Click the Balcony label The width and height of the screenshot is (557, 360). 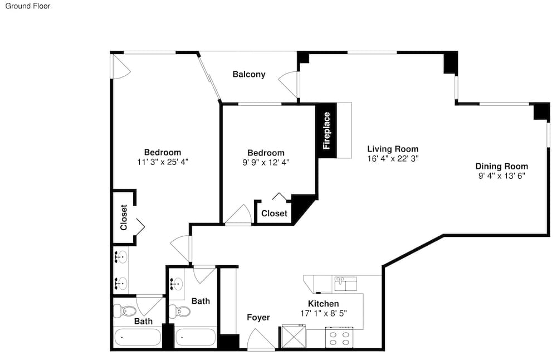pyautogui.click(x=248, y=74)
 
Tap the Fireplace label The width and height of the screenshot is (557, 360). pyautogui.click(x=326, y=130)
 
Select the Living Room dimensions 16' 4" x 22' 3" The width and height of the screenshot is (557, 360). pyautogui.click(x=393, y=158)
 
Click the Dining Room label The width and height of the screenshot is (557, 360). pyautogui.click(x=502, y=166)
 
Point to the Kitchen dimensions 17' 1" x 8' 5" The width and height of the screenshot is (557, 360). pyautogui.click(x=323, y=313)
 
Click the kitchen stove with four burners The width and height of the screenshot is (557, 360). pyautogui.click(x=339, y=338)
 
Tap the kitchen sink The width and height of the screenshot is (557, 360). pyautogui.click(x=345, y=283)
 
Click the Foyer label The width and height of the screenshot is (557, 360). pyautogui.click(x=258, y=317)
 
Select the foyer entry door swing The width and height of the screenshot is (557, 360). pyautogui.click(x=261, y=339)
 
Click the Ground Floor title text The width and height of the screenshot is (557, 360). pyautogui.click(x=28, y=6)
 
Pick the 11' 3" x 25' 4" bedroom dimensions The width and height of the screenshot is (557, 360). pyautogui.click(x=163, y=162)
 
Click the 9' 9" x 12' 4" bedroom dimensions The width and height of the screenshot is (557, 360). pyautogui.click(x=266, y=162)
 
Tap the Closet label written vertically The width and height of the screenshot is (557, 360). pyautogui.click(x=124, y=217)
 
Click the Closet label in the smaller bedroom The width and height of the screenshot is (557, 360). pyautogui.click(x=274, y=213)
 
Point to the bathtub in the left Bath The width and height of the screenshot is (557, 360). pyautogui.click(x=137, y=337)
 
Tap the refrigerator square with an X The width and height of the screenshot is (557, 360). pyautogui.click(x=294, y=336)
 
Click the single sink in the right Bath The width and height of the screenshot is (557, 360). pyautogui.click(x=176, y=284)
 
